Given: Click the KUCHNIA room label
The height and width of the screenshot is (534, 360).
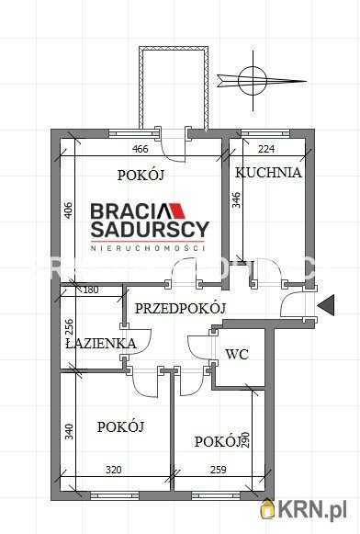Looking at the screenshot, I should tap(268, 172).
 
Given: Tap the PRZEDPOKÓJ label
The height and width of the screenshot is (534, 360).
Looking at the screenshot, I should tap(180, 309).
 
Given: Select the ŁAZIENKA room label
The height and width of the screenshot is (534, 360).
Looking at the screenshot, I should tap(101, 344).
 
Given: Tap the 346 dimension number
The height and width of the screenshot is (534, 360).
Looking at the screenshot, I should tap(236, 201).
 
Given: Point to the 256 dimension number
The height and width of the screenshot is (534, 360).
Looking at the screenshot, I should tap(68, 328).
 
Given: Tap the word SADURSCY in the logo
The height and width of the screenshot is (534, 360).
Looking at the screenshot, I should tap(149, 229).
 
